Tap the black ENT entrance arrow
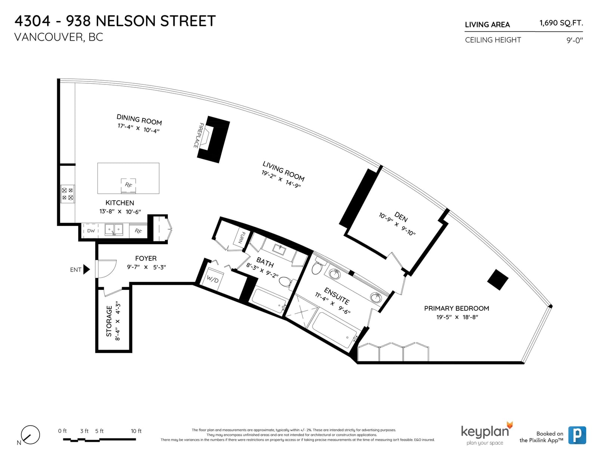click(86, 269)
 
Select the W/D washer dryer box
click(212, 280)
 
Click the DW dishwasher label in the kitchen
click(91, 231)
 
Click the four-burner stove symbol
click(67, 193)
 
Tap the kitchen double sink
click(114, 229)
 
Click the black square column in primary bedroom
click(497, 279)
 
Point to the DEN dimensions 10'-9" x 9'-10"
click(397, 224)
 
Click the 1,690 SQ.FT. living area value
click(561, 22)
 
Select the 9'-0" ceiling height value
click(574, 40)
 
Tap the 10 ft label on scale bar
click(136, 431)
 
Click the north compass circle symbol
click(30, 434)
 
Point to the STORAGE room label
click(109, 321)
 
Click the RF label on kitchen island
click(128, 185)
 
